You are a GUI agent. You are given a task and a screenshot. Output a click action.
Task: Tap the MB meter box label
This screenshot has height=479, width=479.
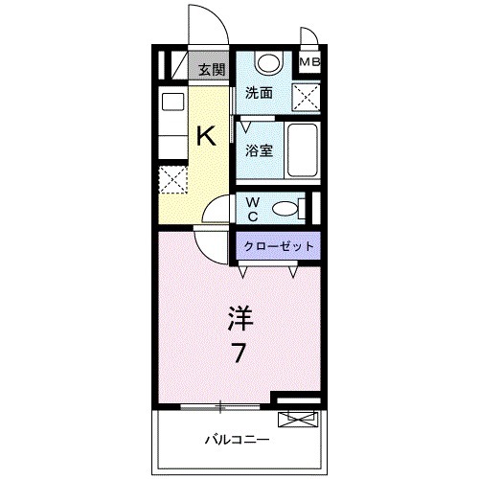[x=309, y=63]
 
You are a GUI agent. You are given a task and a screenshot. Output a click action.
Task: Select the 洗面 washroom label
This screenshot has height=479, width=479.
[x=258, y=93]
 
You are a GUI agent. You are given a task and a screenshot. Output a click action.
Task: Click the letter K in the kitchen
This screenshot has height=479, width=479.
[x=206, y=136]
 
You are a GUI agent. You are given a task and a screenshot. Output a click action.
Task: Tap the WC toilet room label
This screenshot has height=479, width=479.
[x=251, y=209]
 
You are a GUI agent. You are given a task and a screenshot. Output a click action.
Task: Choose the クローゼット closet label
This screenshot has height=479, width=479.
[x=279, y=246]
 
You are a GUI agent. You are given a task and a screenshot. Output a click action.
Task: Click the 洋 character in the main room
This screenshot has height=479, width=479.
[x=240, y=316]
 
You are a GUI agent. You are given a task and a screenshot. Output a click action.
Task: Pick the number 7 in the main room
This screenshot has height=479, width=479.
[x=239, y=352]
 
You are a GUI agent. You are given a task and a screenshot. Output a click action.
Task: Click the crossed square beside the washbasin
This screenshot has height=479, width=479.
[x=306, y=97]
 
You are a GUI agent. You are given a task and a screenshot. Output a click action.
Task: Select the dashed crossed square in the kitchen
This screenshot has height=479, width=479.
[x=172, y=179]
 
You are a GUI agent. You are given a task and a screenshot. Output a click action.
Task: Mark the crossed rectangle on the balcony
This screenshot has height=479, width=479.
[x=297, y=418]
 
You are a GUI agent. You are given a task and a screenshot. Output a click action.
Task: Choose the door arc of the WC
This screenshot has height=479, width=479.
[x=219, y=208]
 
